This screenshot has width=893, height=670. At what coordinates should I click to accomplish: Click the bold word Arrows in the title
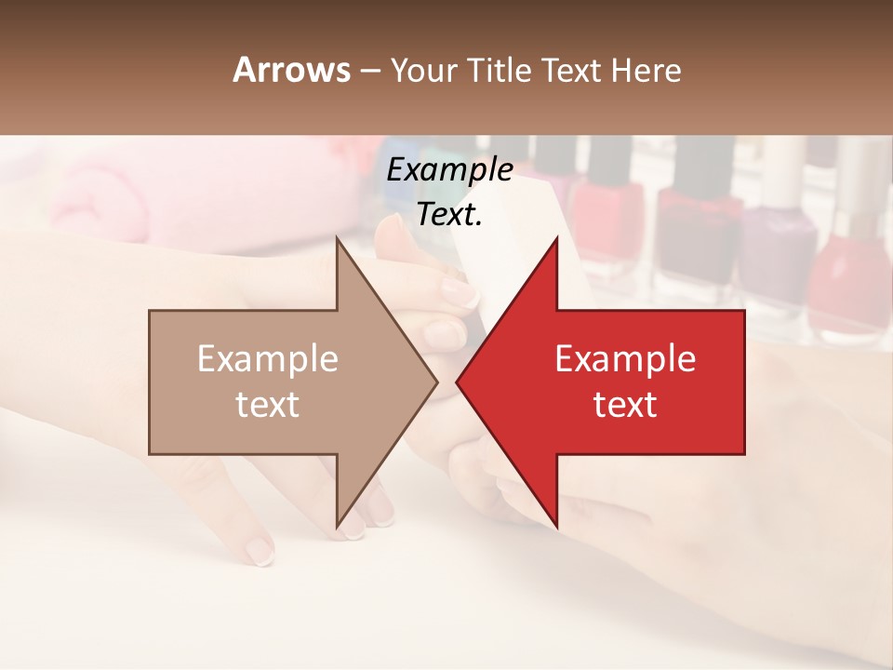pyautogui.click(x=292, y=70)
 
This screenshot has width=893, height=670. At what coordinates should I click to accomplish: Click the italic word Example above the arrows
pyautogui.click(x=449, y=170)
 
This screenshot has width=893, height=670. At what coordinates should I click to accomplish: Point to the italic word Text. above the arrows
pyautogui.click(x=449, y=214)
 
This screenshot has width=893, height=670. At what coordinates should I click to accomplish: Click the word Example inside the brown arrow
pyautogui.click(x=268, y=359)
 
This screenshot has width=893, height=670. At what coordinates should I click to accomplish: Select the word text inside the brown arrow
pyautogui.click(x=268, y=405)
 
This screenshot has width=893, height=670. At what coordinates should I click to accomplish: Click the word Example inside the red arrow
pyautogui.click(x=625, y=359)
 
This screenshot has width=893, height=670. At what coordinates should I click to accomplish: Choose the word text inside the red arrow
pyautogui.click(x=625, y=405)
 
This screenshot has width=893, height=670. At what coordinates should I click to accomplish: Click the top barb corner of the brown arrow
pyautogui.click(x=337, y=238)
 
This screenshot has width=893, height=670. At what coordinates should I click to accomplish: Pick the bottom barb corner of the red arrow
pyautogui.click(x=556, y=526)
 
